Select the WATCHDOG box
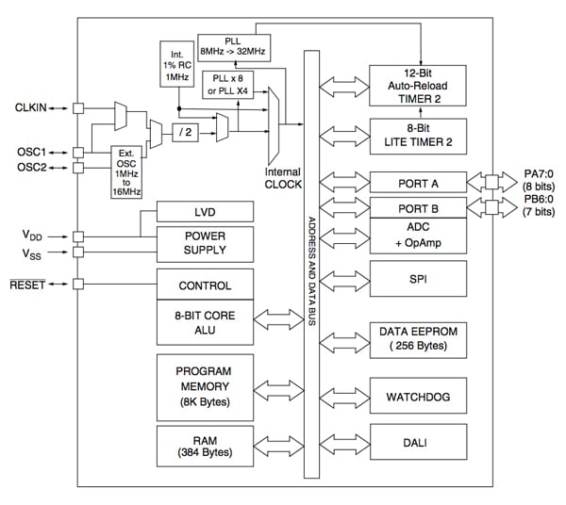(x=418, y=394)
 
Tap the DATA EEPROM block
(x=418, y=339)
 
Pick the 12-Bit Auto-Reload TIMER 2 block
(x=418, y=86)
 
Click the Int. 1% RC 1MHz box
(x=175, y=63)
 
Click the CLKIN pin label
(x=33, y=108)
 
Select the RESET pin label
(x=33, y=285)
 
